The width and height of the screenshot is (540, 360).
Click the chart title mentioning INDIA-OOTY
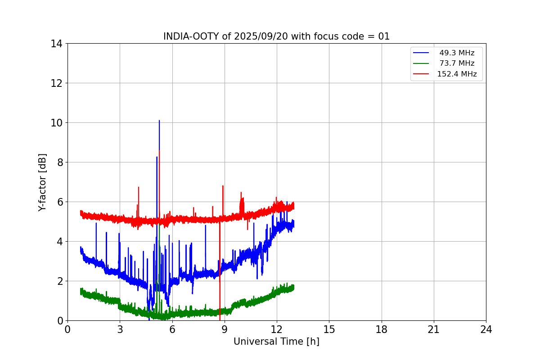(276, 36)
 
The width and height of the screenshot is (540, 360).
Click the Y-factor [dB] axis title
(42, 182)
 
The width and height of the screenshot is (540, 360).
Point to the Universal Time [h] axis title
(276, 342)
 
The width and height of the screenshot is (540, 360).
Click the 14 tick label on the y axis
(56, 44)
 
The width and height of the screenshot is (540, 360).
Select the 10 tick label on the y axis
(56, 123)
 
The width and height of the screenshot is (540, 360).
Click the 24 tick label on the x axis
(486, 330)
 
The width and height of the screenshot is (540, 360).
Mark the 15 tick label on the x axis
(329, 330)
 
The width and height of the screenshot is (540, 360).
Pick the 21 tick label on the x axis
(434, 330)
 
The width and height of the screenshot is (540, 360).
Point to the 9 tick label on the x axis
(225, 330)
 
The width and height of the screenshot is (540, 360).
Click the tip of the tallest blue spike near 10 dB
(159, 121)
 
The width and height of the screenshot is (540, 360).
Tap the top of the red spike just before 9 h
(223, 186)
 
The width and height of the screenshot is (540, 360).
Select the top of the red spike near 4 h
(139, 187)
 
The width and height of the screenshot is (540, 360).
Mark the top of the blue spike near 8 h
(206, 225)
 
